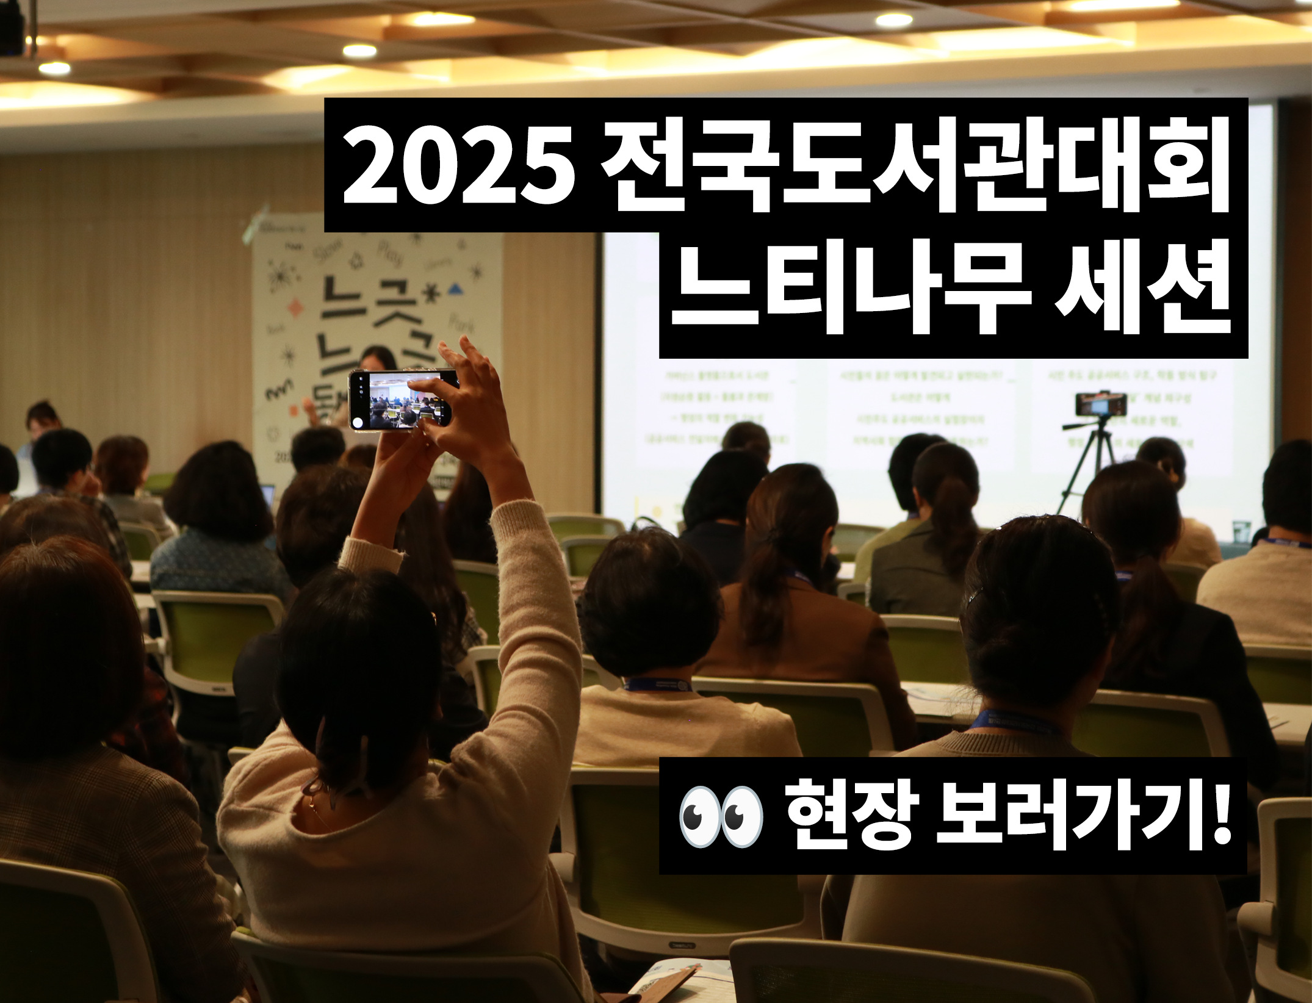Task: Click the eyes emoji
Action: (x=721, y=816)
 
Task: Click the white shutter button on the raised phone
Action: (x=358, y=422)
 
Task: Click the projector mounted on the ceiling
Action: (x=12, y=31)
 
